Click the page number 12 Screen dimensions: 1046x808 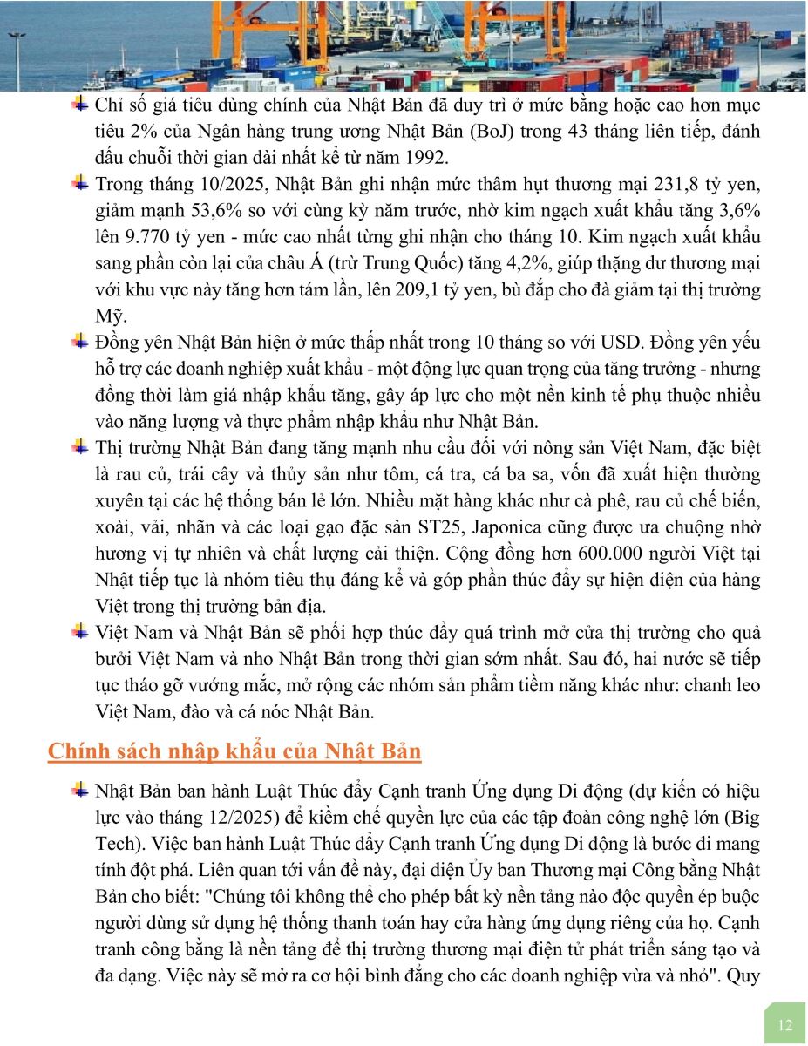(785, 1024)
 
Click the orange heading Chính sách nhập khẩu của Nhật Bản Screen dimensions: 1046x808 (234, 751)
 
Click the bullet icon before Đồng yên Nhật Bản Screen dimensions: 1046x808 (80, 340)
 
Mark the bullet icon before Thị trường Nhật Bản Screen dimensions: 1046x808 (80, 447)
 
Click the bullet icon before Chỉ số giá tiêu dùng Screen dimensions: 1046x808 (80, 105)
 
